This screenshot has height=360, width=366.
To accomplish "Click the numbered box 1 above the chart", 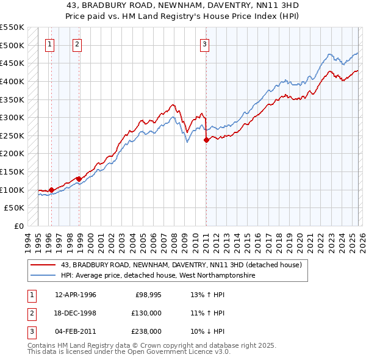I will click(49, 43).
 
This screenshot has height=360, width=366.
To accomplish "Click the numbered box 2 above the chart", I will click(77, 43).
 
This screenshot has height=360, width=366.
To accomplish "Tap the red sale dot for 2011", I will click(206, 140).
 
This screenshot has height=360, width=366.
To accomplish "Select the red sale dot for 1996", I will click(51, 190).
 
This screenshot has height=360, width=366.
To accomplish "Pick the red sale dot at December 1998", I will click(79, 179).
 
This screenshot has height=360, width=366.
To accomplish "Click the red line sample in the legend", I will click(43, 265).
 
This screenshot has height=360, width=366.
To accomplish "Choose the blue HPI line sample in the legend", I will click(43, 276).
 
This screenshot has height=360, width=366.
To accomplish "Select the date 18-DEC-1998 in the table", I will click(76, 313).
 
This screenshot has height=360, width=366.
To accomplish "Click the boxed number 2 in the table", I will click(30, 313).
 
